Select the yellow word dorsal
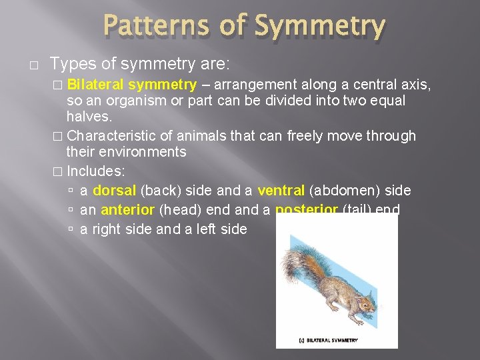pyautogui.click(x=115, y=191)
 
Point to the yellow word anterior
pyautogui.click(x=127, y=210)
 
